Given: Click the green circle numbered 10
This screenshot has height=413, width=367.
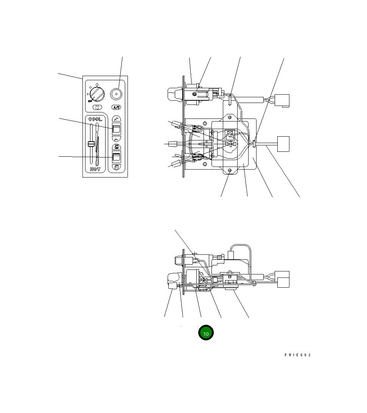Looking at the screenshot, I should point(206,333).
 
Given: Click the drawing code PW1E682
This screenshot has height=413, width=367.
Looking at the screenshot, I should point(298,355).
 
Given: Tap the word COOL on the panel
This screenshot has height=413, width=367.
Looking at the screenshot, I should point(95,119).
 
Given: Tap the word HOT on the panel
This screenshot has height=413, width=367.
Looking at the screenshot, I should point(95,169).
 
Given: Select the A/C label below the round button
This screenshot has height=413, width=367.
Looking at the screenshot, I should point(116,108).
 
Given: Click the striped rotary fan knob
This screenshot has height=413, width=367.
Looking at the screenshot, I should point(98,93).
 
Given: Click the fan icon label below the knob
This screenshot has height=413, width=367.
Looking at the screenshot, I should point(97,108).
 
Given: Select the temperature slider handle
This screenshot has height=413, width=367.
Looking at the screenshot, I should point(91,144).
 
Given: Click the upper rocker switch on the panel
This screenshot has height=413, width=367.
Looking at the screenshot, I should point(116,128).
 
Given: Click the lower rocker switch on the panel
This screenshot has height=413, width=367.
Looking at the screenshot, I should point(116,157).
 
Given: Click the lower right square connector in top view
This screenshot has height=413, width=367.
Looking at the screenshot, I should point(283,144).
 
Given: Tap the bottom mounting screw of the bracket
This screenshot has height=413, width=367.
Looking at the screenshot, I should point(230,171).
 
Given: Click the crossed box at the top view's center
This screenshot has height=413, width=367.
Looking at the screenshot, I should point(229,133).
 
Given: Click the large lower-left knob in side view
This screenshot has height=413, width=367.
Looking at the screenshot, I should point(173,281).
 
